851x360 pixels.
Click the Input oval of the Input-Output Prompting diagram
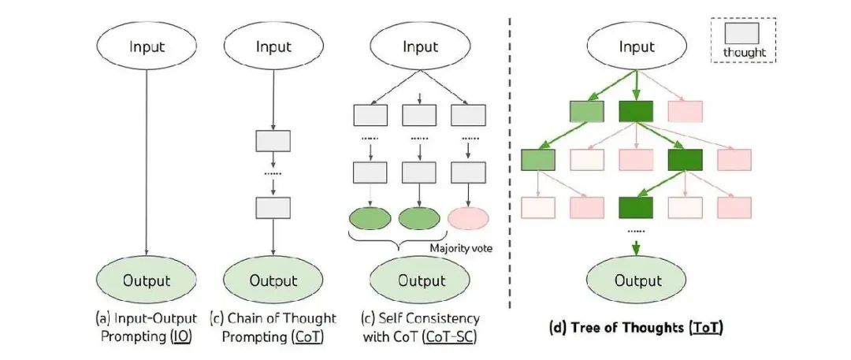coord(147,46)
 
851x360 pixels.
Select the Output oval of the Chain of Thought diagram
coord(273,280)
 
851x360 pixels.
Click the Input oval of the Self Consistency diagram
coord(419,46)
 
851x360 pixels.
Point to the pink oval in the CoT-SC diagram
coord(468,218)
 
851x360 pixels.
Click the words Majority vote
coord(461,248)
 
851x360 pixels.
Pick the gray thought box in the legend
coord(742,33)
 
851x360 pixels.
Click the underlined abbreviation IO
coord(182,336)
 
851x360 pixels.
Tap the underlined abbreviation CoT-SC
coord(450,336)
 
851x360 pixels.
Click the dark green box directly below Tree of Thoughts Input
coord(636,111)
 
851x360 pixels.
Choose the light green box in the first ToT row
coord(587,111)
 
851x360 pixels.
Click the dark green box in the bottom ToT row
coord(636,207)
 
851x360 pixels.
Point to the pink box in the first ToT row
coord(686,111)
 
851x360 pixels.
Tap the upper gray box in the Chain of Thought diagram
coord(273,141)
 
